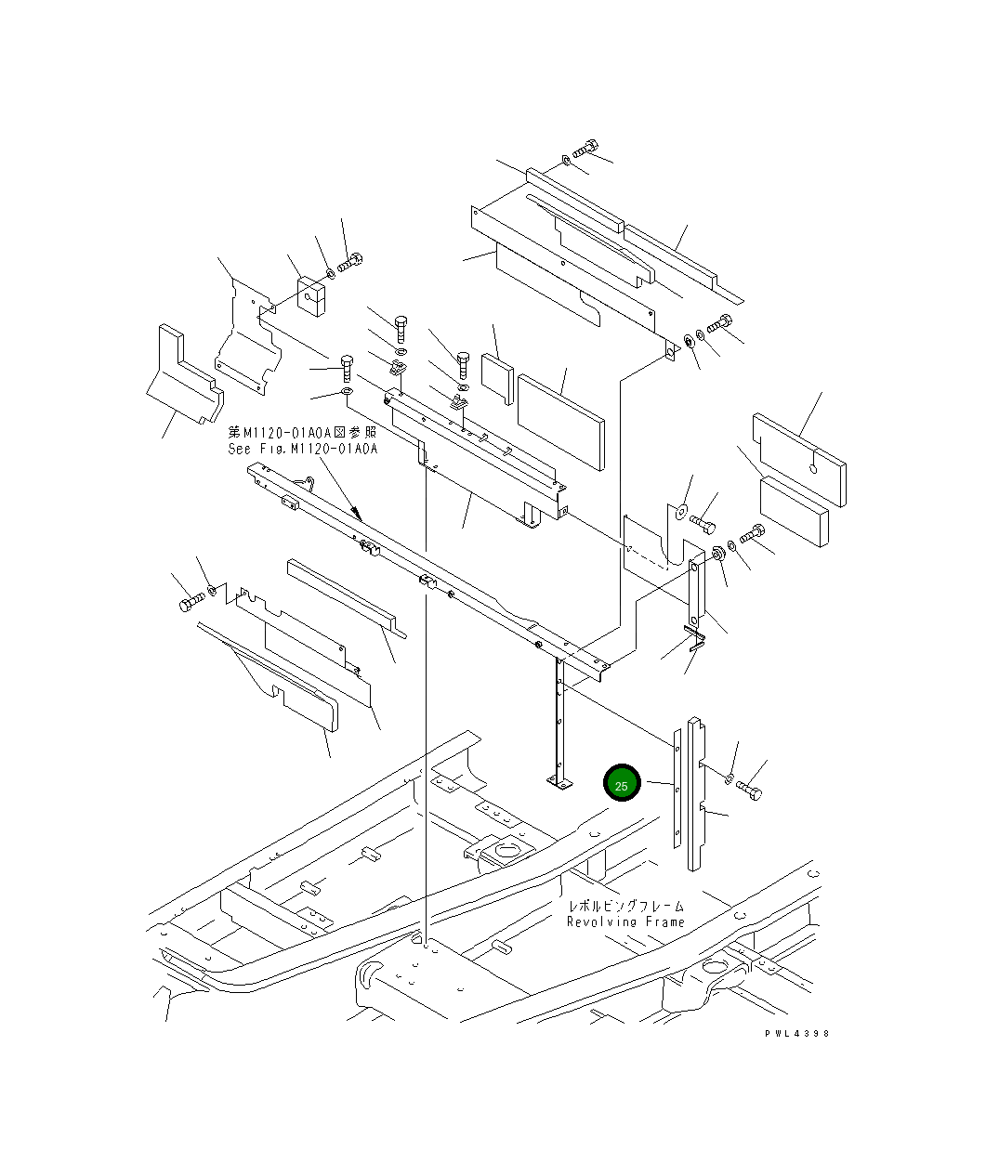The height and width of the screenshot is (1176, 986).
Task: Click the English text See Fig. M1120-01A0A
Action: (303, 449)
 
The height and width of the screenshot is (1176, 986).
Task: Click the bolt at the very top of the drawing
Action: (585, 150)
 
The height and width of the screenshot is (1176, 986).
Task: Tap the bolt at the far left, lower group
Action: (191, 603)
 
